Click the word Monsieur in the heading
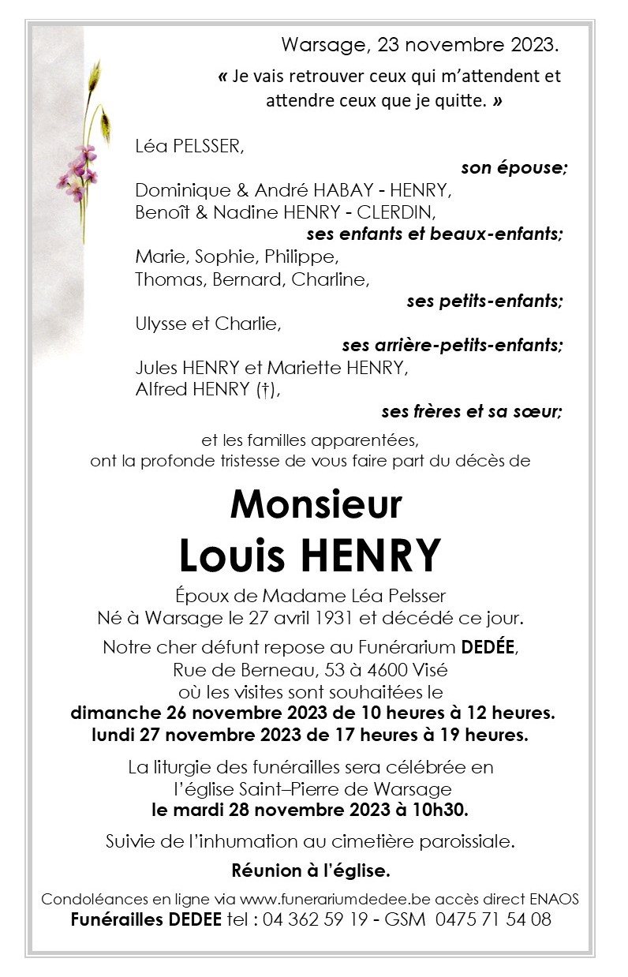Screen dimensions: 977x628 [316, 504]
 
